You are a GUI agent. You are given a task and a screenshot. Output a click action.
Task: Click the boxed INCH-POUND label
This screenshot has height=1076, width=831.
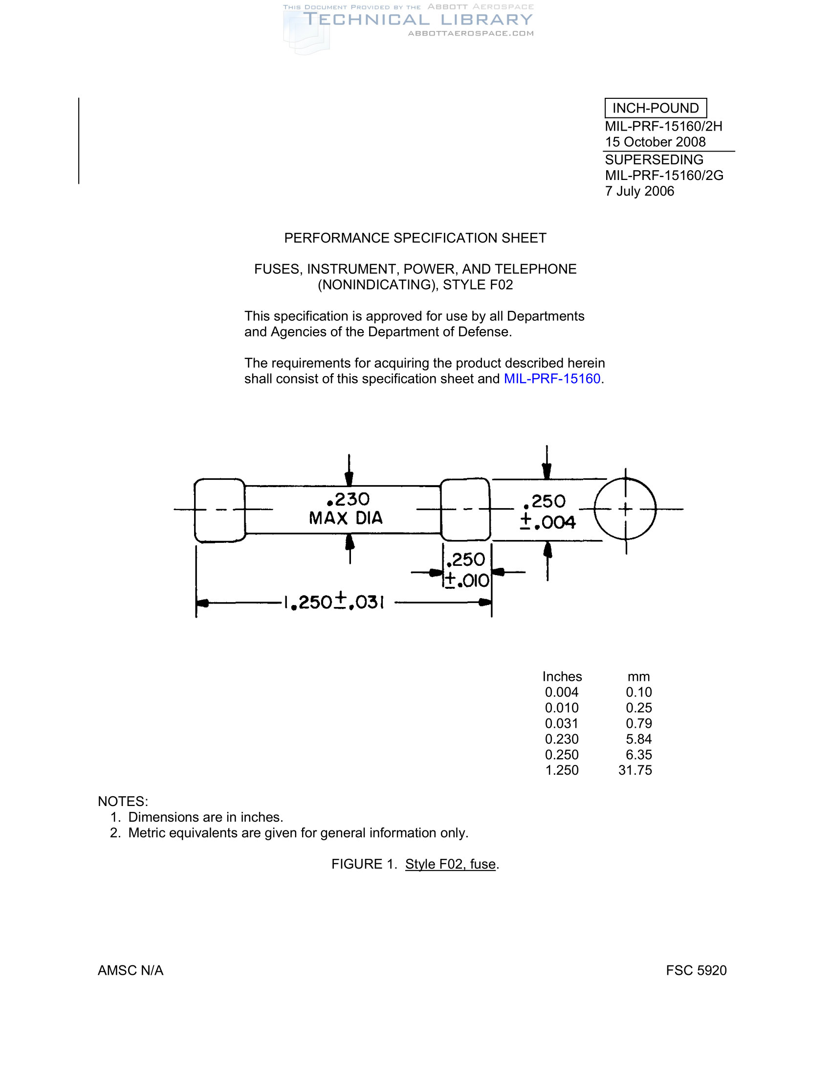655,108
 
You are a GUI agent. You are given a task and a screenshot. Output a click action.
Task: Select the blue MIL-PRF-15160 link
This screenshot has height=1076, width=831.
552,379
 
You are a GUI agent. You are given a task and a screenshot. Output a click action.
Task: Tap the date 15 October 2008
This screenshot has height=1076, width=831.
655,142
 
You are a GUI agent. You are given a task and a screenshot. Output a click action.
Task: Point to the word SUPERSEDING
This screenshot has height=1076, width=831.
654,159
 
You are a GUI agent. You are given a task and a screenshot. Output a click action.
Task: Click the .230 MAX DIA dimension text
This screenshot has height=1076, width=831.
347,509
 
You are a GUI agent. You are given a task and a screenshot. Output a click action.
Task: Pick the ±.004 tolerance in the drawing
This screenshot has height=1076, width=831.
547,522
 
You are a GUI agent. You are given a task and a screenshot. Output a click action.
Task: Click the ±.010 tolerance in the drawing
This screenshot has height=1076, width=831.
467,581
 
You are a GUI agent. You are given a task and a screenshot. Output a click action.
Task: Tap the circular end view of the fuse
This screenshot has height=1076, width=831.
625,509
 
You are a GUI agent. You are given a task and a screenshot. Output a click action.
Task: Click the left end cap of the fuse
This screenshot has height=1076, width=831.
219,510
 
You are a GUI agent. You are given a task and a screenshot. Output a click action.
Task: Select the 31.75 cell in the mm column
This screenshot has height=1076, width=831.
635,770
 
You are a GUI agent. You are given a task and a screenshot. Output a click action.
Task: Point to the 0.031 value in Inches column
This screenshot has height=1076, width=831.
562,723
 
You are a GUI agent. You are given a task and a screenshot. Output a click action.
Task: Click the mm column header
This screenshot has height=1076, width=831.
638,676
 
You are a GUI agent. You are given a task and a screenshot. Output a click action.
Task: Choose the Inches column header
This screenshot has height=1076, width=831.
562,676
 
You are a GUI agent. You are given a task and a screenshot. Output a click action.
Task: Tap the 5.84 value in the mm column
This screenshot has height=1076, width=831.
638,739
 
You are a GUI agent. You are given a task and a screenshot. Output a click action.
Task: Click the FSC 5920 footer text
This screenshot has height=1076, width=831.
696,970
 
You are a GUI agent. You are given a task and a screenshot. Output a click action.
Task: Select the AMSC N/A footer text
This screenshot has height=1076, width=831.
131,970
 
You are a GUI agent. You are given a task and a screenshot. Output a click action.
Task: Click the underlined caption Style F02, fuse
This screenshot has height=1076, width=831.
450,864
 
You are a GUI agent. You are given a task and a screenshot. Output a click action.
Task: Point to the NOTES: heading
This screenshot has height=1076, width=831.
123,801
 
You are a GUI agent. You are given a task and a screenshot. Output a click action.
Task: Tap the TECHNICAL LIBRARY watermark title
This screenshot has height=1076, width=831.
417,20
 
